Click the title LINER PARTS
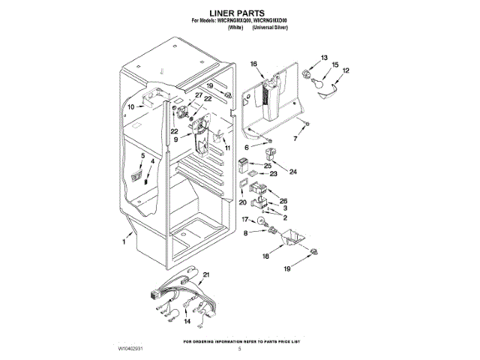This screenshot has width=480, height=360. point(239,13)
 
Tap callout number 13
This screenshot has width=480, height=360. point(325,58)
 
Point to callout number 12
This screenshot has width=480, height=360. point(346,70)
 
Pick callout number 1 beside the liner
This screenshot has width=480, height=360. point(124,242)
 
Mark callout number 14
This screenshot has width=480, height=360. point(187,321)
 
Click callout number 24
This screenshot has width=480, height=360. point(293,171)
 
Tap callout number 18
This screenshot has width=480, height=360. point(265,256)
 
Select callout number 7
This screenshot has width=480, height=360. point(294,139)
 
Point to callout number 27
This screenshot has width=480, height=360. point(199,95)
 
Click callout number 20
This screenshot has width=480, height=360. point(242,202)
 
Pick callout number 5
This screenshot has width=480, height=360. point(142,154)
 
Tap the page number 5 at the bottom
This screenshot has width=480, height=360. point(240,349)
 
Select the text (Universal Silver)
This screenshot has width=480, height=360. point(271,27)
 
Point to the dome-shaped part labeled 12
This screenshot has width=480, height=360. point(328,89)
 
